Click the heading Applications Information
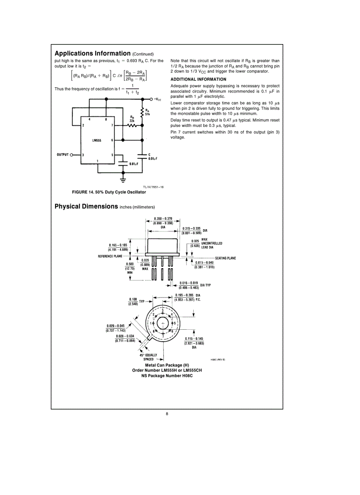pyautogui.click(x=92, y=53)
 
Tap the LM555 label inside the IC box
pyautogui.click(x=97, y=141)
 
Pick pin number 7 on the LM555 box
pyautogui.click(x=112, y=126)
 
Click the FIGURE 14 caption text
pyautogui.click(x=109, y=192)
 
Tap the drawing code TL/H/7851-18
pyautogui.click(x=153, y=187)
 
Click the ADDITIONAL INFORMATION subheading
pyautogui.click(x=198, y=79)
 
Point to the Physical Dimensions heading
pyautogui.click(x=86, y=206)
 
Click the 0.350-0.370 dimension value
pyautogui.click(x=163, y=219)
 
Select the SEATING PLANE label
pyautogui.click(x=227, y=258)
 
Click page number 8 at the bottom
pyautogui.click(x=167, y=413)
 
